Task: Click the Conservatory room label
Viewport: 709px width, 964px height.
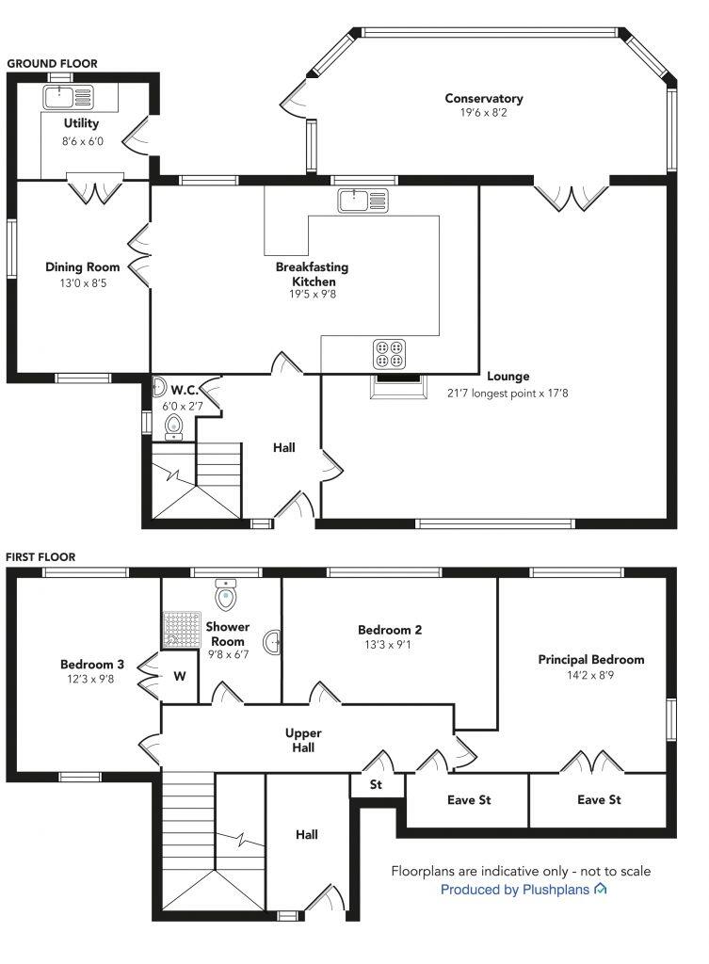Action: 483,98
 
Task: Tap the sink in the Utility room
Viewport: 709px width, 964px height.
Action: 68,97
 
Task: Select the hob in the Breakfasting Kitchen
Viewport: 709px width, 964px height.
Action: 390,352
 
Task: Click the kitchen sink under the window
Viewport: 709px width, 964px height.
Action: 363,201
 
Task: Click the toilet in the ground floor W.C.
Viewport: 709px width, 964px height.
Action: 172,428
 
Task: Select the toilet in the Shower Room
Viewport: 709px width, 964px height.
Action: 224,595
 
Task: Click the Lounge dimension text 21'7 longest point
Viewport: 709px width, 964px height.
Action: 508,393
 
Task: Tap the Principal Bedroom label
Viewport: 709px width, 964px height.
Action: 590,660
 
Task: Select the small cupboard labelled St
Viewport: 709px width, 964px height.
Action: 376,784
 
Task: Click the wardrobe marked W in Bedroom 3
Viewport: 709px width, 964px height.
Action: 180,676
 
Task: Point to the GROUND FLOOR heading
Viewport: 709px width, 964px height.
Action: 52,64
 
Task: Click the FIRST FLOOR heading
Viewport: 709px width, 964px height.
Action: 40,557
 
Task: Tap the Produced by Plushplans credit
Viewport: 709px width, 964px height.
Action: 524,890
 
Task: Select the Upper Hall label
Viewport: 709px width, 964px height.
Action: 304,740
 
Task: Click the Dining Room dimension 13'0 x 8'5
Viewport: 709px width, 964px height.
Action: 84,281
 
